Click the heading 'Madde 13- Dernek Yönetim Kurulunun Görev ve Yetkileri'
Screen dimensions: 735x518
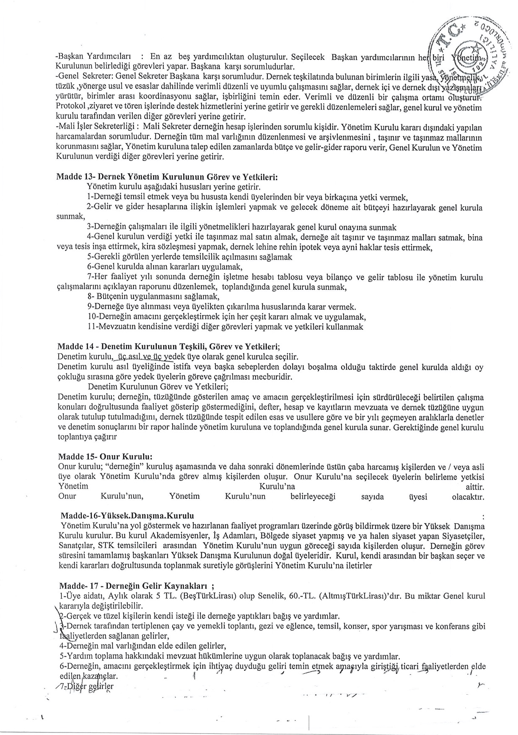point(167,177)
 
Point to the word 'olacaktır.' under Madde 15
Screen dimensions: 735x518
point(468,497)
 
